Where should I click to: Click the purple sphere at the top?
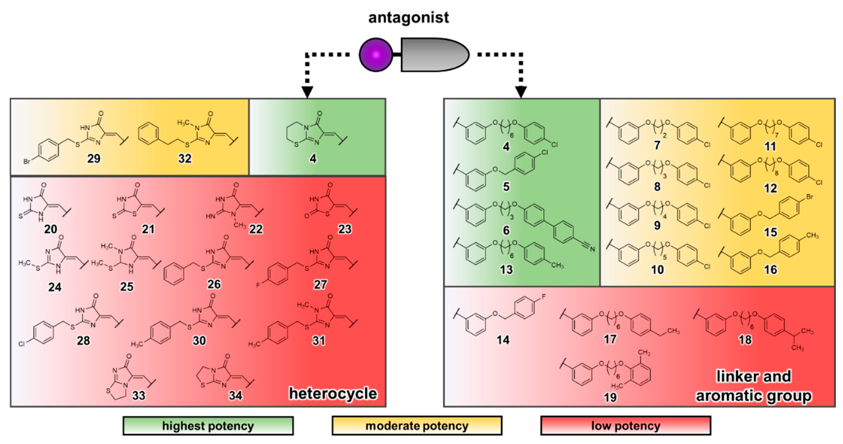click(376, 55)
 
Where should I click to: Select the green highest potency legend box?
click(208, 426)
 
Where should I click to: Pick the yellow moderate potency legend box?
click(417, 426)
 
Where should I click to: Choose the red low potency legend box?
click(625, 426)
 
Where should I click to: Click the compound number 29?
click(94, 159)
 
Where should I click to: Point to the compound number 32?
click(185, 159)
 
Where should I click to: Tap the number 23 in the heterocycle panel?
click(345, 229)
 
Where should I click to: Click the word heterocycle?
click(333, 394)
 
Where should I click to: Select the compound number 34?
click(235, 395)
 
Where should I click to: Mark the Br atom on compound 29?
click(27, 162)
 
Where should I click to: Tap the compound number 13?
click(506, 270)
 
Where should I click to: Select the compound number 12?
click(770, 188)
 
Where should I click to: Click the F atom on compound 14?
click(544, 297)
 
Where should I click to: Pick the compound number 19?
click(610, 397)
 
